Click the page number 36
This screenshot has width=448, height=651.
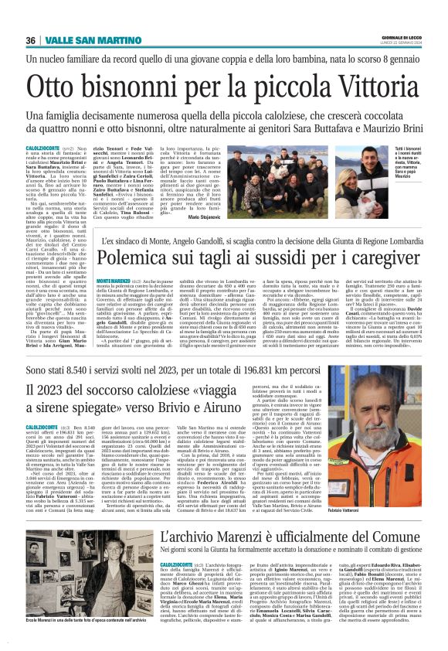pyautogui.click(x=30, y=40)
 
